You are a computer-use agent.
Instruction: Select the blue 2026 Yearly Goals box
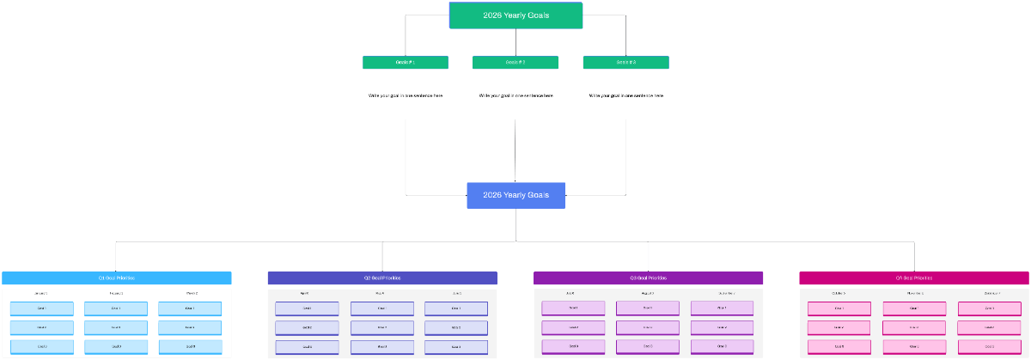coord(515,195)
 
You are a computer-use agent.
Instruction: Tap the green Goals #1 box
coord(406,62)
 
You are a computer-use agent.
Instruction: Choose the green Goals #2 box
coord(515,62)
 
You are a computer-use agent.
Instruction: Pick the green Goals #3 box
coord(625,62)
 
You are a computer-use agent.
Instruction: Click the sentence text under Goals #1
coord(406,95)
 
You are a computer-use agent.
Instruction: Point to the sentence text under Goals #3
coord(625,95)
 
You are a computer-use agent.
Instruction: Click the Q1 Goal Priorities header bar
coord(116,278)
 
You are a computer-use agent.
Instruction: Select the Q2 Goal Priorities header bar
coord(382,278)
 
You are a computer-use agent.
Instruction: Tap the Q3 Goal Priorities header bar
coord(648,278)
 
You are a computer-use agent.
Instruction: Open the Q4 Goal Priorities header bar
coord(913,278)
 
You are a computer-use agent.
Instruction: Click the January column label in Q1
coord(41,294)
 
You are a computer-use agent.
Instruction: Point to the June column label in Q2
coord(455,294)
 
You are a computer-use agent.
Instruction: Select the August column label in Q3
coord(648,294)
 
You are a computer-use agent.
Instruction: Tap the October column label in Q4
coord(839,294)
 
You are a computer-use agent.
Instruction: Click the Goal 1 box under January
coord(41,308)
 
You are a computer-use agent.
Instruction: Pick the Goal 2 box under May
coord(381,327)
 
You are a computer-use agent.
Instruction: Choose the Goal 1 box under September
coord(722,308)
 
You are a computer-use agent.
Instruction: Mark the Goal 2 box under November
coord(913,327)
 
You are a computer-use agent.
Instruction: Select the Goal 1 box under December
coord(988,308)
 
